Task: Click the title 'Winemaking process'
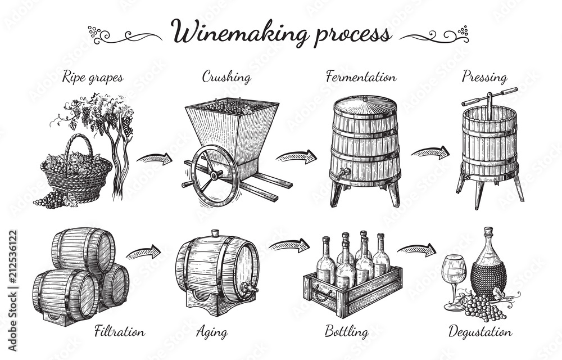(x=281, y=33)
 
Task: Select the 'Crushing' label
(x=226, y=77)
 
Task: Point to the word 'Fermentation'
(x=361, y=77)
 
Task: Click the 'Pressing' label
(x=484, y=77)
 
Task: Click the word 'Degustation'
(x=479, y=332)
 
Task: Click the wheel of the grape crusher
(x=215, y=174)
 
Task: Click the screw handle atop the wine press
(x=489, y=96)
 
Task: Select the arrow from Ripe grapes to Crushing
(x=155, y=158)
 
